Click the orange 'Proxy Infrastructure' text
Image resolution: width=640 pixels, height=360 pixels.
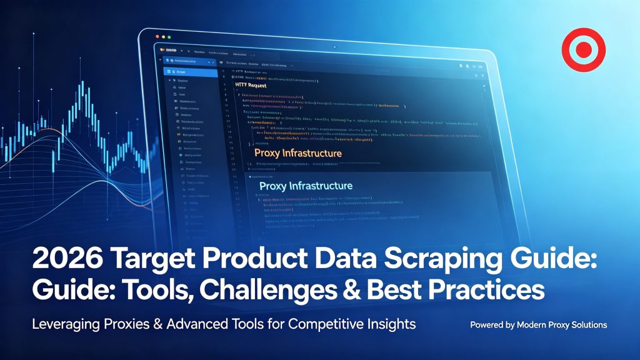298,153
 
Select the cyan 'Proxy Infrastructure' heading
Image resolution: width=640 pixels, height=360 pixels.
306,186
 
